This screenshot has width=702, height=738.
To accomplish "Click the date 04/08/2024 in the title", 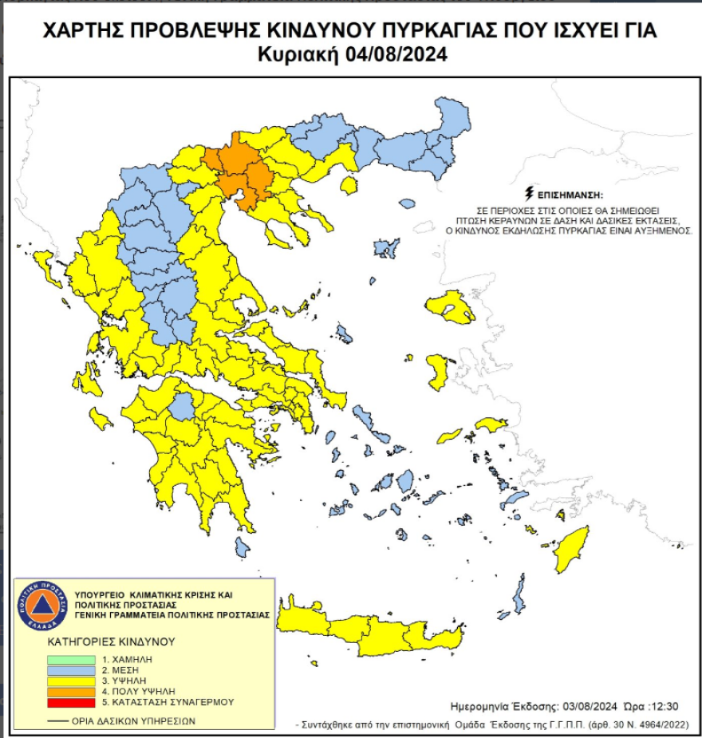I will point(396,56).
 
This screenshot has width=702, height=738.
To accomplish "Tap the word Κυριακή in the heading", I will point(300,56).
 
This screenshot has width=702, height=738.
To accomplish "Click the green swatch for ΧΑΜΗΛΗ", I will point(73,660).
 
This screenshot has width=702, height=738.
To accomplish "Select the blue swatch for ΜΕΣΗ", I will point(73,670).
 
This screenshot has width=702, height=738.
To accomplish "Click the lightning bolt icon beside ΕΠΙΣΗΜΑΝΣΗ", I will point(528,194).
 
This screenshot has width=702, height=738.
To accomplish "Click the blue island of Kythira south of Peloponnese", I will point(242,547).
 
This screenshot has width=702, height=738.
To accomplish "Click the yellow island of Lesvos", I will point(451,307).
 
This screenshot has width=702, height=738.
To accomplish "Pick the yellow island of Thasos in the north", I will point(348,185).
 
